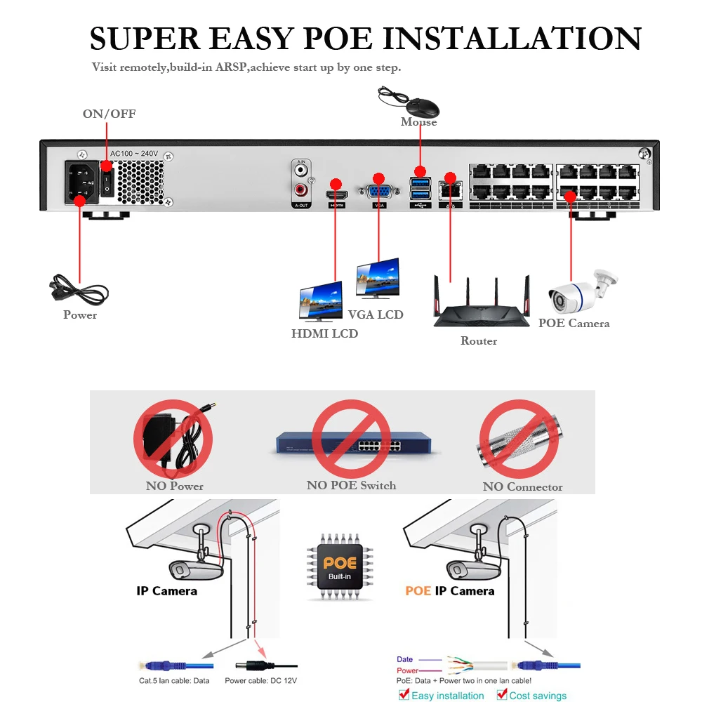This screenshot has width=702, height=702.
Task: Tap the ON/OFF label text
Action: (109, 114)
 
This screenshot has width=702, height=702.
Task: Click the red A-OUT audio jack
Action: (301, 190)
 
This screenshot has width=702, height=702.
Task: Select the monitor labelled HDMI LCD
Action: (322, 302)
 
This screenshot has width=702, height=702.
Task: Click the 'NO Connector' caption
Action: (522, 486)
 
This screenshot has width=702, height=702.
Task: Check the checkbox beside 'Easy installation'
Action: (404, 694)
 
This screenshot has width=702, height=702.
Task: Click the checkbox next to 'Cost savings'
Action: (503, 694)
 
